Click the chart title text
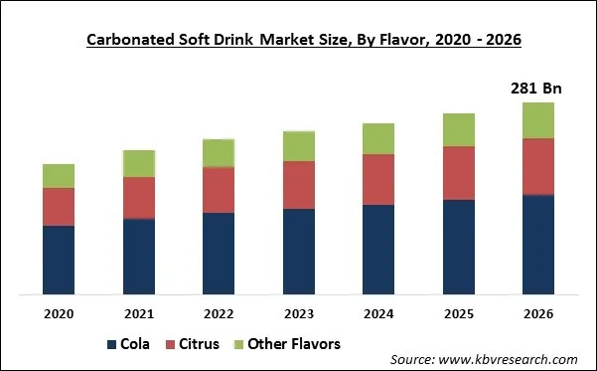click(x=297, y=41)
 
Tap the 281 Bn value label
click(x=536, y=89)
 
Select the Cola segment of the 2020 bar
click(x=59, y=260)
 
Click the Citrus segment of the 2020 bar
click(x=59, y=207)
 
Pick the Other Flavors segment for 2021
click(x=138, y=164)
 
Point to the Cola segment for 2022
click(x=219, y=254)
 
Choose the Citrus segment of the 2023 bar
click(x=298, y=185)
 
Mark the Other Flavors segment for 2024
click(x=378, y=139)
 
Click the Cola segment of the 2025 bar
click(x=458, y=247)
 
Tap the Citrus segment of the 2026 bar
click(x=537, y=166)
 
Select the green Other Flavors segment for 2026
click(x=537, y=120)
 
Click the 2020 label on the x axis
click(x=59, y=313)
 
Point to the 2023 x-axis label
click(x=298, y=313)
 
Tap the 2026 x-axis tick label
click(x=537, y=313)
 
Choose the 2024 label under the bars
click(x=378, y=313)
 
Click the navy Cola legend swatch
click(x=111, y=345)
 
